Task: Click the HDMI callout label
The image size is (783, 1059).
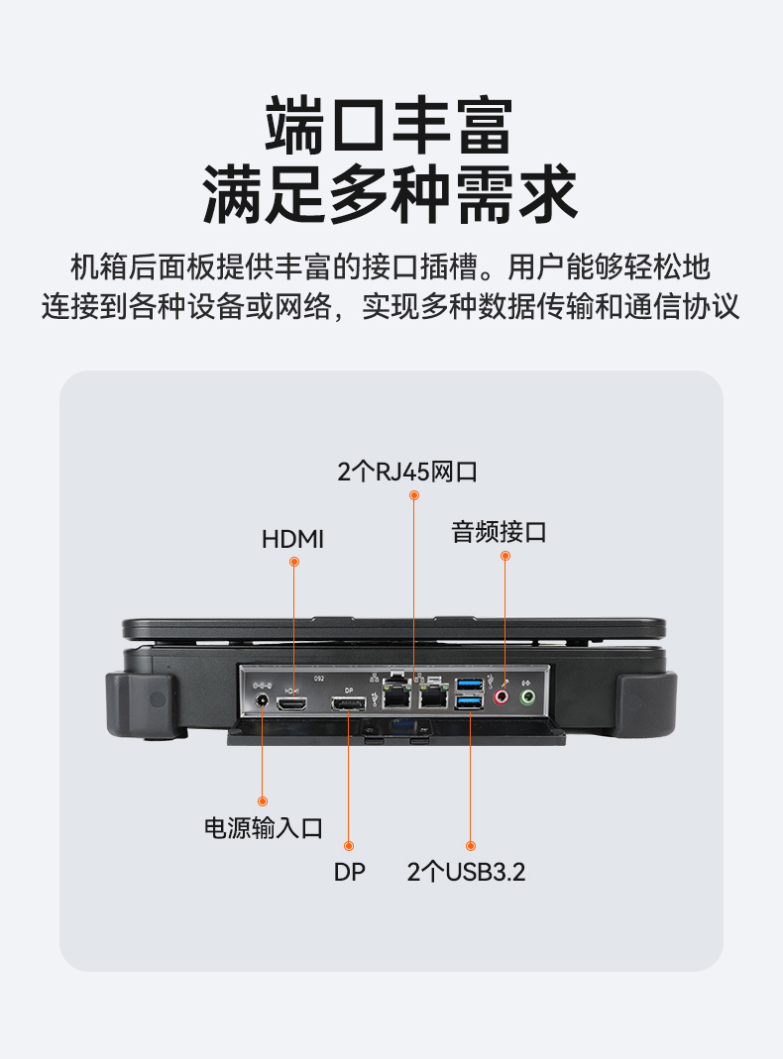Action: click(x=292, y=539)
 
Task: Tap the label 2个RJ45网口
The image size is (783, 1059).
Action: click(x=407, y=473)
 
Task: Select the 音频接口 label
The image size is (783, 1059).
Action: click(x=499, y=532)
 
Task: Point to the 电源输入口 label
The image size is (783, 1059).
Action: click(x=263, y=828)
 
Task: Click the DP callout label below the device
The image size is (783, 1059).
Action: click(x=349, y=873)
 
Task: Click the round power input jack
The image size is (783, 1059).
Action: click(x=263, y=702)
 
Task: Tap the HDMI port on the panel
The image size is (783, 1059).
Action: click(x=293, y=703)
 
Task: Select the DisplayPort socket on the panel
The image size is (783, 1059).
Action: click(x=349, y=703)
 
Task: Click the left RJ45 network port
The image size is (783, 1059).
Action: click(x=397, y=697)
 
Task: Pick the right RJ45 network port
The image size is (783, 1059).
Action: click(x=433, y=697)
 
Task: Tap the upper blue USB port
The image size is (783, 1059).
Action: click(x=470, y=685)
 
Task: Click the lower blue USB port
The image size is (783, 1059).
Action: click(x=470, y=702)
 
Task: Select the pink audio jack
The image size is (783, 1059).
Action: click(x=503, y=697)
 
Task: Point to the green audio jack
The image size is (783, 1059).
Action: click(x=528, y=697)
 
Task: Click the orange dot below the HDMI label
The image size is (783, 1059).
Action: click(x=293, y=562)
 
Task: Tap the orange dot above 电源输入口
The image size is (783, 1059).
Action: click(x=263, y=800)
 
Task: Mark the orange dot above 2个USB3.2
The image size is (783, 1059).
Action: click(x=471, y=845)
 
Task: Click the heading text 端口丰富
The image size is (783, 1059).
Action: click(x=391, y=126)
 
